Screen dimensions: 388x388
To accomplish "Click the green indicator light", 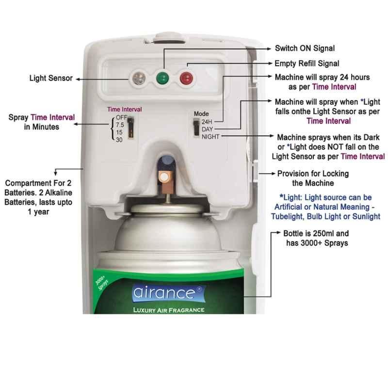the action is (162, 78).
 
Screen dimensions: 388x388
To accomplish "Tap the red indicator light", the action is (186, 78).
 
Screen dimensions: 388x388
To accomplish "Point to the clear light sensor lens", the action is (139, 78).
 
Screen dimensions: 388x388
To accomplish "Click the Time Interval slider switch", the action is (130, 128).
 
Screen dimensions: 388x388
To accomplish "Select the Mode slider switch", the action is (196, 127).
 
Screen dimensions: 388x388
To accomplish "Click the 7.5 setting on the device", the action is (120, 125).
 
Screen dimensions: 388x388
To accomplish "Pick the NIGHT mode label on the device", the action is (210, 137).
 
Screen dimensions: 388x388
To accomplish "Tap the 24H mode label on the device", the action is (207, 122).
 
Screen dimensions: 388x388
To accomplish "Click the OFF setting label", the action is (121, 117).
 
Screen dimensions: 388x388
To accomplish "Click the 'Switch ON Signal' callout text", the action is (305, 48).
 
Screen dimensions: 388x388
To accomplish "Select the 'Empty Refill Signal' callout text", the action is (307, 64).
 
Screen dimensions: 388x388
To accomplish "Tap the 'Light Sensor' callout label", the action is (51, 78).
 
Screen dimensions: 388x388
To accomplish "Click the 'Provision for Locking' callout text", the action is (313, 174).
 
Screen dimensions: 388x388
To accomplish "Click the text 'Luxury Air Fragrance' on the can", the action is (169, 310).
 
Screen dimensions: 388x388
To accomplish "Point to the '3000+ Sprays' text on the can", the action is (102, 283).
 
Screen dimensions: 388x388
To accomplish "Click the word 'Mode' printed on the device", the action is (201, 114).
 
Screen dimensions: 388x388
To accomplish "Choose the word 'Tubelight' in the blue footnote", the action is (287, 216).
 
